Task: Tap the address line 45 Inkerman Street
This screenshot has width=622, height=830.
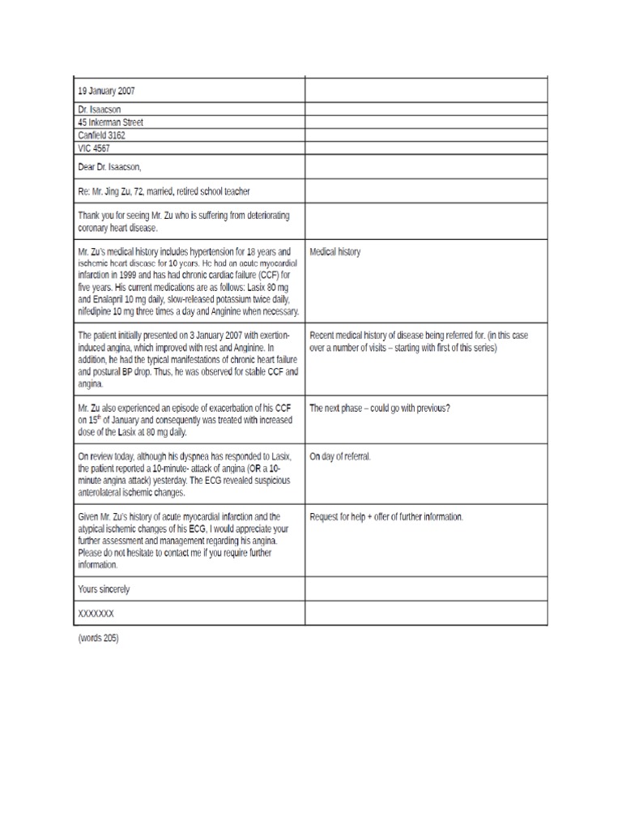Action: (x=111, y=122)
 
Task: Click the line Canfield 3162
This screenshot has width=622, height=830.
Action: (x=101, y=135)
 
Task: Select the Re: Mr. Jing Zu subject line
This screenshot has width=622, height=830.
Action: (x=164, y=191)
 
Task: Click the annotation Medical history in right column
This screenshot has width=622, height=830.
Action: (x=335, y=252)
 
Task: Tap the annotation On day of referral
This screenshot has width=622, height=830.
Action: (x=340, y=456)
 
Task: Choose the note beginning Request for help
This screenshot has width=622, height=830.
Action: (x=386, y=516)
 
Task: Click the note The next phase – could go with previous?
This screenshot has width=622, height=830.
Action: (x=380, y=409)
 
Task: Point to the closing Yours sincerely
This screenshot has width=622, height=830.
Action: (x=103, y=588)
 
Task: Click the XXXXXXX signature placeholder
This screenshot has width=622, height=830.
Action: (x=96, y=614)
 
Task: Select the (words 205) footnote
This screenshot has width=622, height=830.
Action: (x=98, y=638)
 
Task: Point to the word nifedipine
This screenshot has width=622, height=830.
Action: (x=97, y=311)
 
